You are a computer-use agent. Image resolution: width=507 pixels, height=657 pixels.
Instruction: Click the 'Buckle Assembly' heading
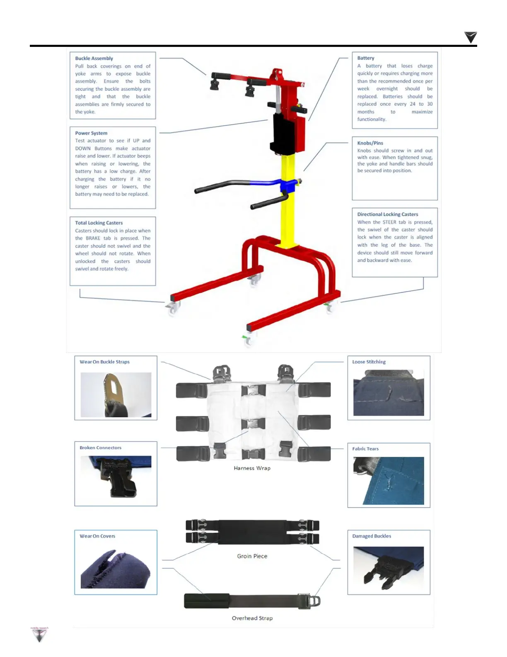[x=94, y=58]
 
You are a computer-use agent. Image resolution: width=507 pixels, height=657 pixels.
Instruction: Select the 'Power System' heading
[x=91, y=133]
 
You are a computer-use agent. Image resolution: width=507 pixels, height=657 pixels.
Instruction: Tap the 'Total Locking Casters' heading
[x=99, y=223]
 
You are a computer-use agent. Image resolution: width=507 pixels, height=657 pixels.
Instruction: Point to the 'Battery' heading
[x=366, y=58]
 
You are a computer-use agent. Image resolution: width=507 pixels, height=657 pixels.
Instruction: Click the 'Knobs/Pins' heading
[x=370, y=143]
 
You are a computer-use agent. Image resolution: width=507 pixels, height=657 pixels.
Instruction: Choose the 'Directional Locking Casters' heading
[x=388, y=214]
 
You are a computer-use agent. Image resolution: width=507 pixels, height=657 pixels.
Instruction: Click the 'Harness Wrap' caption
[x=252, y=468]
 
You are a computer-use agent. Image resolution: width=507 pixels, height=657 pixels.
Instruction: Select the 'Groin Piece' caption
[x=252, y=556]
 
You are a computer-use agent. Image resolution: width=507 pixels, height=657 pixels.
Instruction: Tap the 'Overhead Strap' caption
[x=252, y=618]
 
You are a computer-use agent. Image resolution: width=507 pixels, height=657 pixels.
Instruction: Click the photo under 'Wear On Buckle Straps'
[x=116, y=395]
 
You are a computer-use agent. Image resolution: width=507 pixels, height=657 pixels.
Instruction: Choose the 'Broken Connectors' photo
[x=116, y=477]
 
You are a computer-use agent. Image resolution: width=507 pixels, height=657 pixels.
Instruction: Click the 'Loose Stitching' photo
[x=389, y=393]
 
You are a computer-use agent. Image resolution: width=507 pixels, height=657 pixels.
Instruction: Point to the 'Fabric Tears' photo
[x=389, y=481]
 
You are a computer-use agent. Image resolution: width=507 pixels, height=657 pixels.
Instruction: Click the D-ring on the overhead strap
[x=314, y=601]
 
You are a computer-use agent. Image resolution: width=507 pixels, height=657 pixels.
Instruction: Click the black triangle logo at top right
[x=471, y=37]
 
